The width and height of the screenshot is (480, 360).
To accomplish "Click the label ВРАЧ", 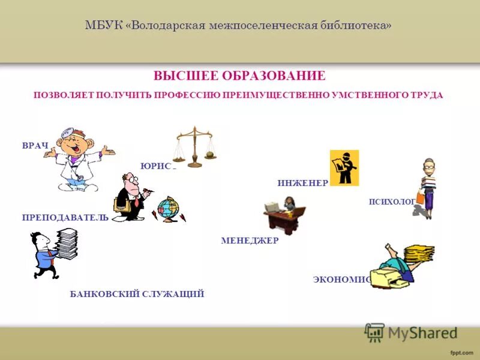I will pos(35,146).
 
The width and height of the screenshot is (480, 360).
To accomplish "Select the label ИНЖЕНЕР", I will pos(302,183).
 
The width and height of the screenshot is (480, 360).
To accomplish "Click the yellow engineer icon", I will pos(344,168).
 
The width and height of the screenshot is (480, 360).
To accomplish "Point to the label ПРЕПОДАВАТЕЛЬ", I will pos(65,217).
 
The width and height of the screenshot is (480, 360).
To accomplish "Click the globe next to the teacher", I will pos(168,208).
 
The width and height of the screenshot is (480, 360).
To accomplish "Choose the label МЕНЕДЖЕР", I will pos(250,241).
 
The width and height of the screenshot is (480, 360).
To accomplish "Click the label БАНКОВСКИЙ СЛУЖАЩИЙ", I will pos(137,293).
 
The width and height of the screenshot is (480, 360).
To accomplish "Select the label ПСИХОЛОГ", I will pos(392,202).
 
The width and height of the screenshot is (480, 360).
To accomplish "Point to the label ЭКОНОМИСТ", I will pos(341,279).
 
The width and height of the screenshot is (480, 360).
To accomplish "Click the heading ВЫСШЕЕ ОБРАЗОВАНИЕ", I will pos(239,76).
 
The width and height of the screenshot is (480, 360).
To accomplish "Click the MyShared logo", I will pos(412,332).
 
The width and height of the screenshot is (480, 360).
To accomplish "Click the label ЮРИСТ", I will pos(158,166).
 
